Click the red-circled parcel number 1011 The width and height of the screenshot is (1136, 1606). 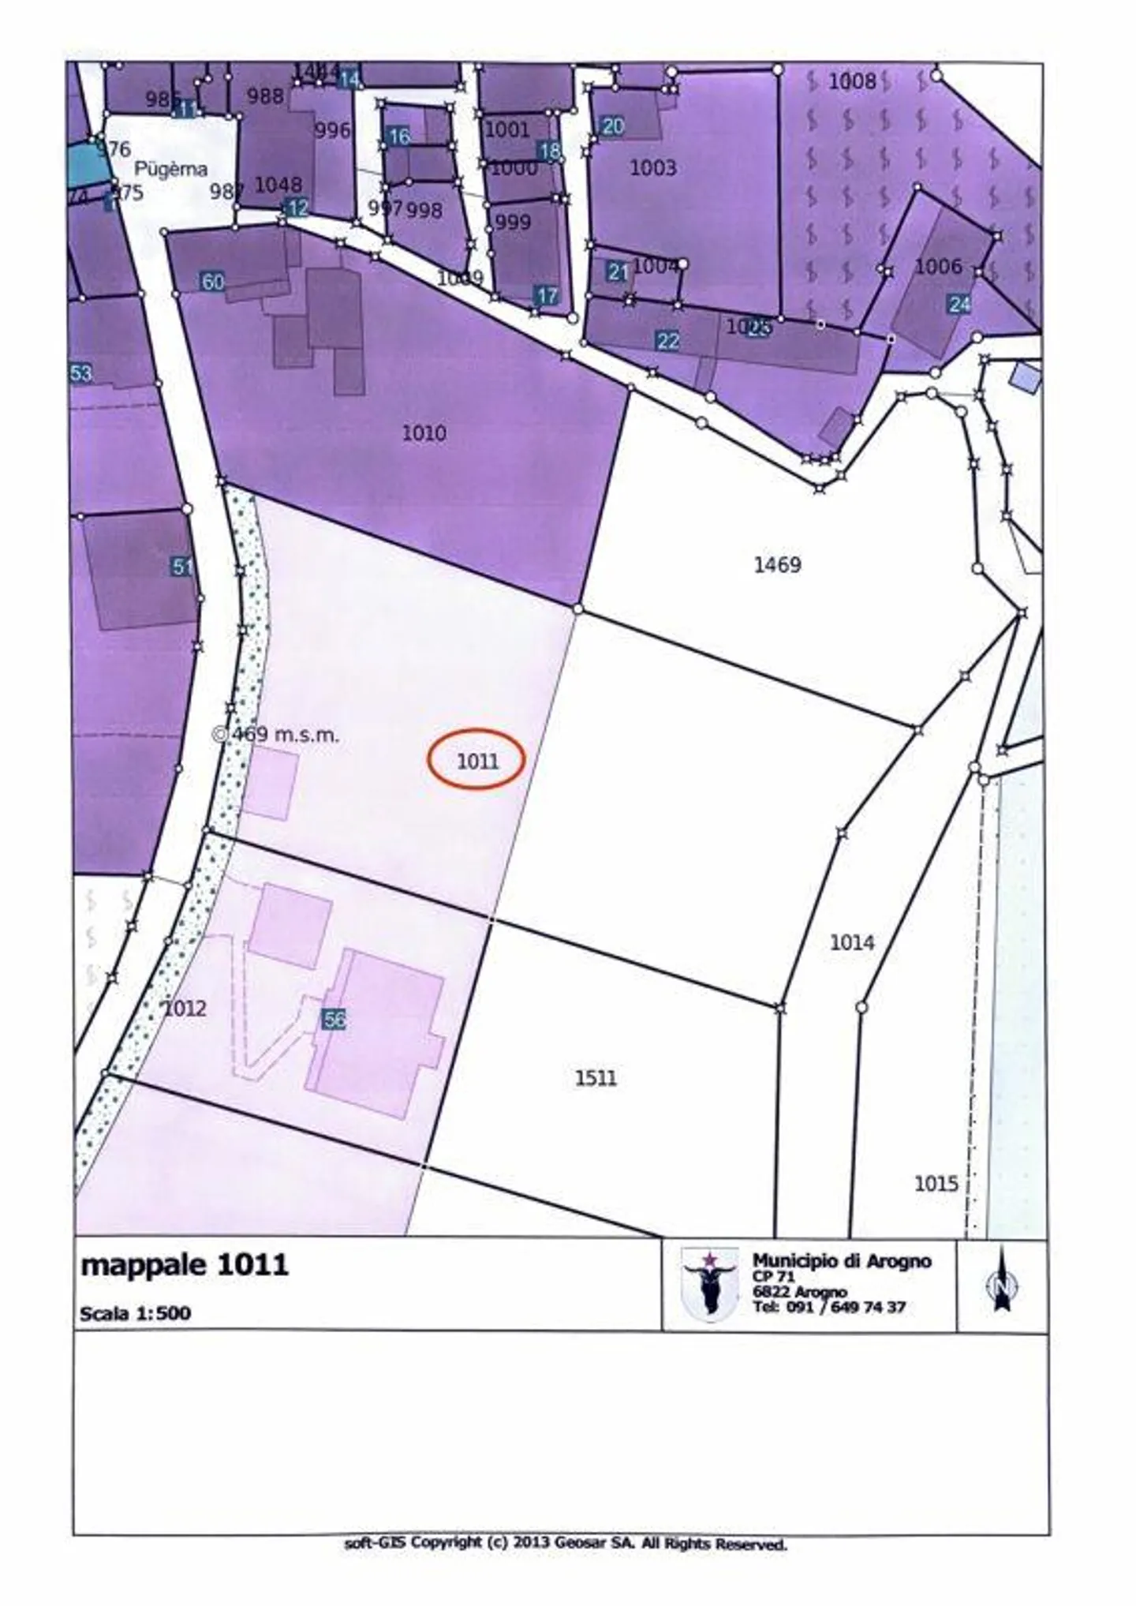pyautogui.click(x=477, y=761)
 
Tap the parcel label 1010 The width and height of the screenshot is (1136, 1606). pyautogui.click(x=424, y=433)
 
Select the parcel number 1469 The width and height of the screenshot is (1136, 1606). pyautogui.click(x=777, y=564)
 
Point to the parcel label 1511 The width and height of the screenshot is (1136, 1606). pyautogui.click(x=596, y=1077)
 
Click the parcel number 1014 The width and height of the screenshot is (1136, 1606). pyautogui.click(x=852, y=942)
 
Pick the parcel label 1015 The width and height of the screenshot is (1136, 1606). pyautogui.click(x=936, y=1184)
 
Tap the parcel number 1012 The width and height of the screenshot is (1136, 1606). pyautogui.click(x=185, y=1008)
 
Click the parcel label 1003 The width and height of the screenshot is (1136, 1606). pyautogui.click(x=652, y=167)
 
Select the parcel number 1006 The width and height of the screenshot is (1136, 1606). pyautogui.click(x=938, y=267)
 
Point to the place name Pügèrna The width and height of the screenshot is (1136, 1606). pyautogui.click(x=170, y=169)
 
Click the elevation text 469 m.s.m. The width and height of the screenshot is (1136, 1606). pyautogui.click(x=282, y=735)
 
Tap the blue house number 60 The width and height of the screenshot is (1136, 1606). pyautogui.click(x=213, y=282)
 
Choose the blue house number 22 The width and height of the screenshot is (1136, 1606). pyautogui.click(x=667, y=341)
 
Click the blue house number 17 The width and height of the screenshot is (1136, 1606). pyautogui.click(x=547, y=296)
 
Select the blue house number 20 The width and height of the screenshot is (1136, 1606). pyautogui.click(x=612, y=125)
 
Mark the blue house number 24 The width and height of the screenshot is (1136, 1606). pyautogui.click(x=959, y=304)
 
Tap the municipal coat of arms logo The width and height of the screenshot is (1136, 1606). pyautogui.click(x=709, y=1284)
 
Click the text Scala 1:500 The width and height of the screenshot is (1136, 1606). pyautogui.click(x=135, y=1313)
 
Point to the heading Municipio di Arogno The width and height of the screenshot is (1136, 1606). pyautogui.click(x=841, y=1261)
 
